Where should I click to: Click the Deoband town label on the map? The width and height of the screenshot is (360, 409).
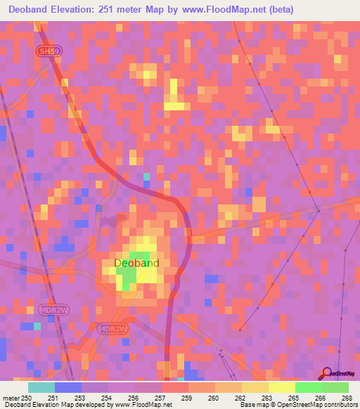[136, 264]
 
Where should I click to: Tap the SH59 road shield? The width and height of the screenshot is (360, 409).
[46, 51]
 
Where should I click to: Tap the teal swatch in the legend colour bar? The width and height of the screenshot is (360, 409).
[41, 387]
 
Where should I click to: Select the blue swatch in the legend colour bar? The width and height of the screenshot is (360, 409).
[68, 387]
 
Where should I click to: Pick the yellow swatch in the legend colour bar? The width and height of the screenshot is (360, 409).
[281, 387]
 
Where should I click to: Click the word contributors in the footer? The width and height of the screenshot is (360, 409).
[339, 405]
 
